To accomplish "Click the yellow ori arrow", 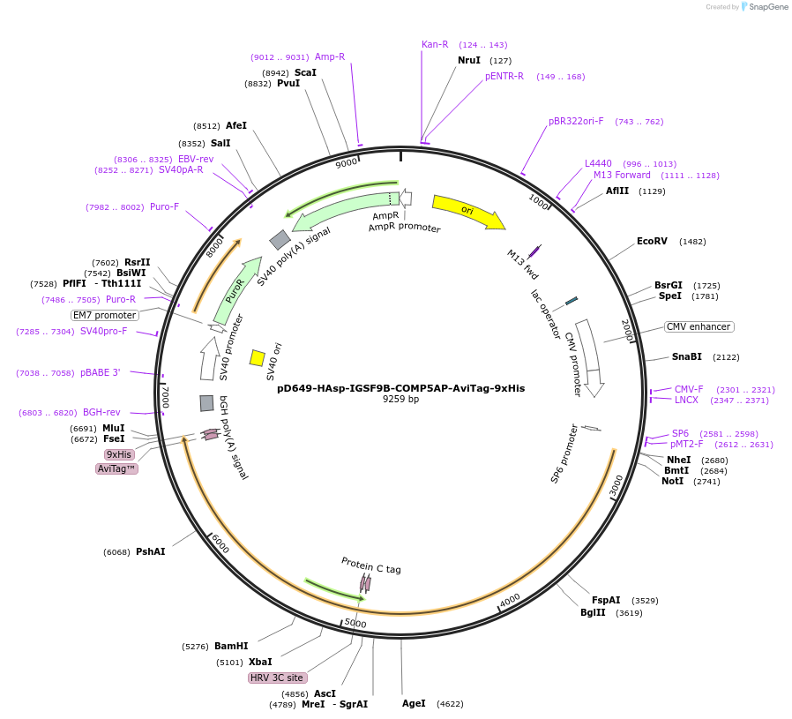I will click(468, 212).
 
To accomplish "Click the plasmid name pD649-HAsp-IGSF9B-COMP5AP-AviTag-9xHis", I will click(400, 388).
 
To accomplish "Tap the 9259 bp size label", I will click(400, 400).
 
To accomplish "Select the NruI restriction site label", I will click(469, 60).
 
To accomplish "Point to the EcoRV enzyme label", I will click(652, 241).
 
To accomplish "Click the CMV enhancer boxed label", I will click(699, 326).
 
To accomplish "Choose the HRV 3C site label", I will click(278, 678).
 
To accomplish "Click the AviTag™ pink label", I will click(116, 468).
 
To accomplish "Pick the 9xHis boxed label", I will click(119, 454).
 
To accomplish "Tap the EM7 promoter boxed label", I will click(105, 315).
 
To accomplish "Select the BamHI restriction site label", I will click(231, 647).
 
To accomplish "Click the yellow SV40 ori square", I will click(258, 357).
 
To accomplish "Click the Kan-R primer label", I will click(435, 44).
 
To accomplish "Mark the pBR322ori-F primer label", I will click(576, 121).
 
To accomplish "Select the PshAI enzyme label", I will click(150, 551).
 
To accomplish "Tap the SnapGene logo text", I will click(768, 7).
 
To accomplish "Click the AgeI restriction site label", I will click(414, 703).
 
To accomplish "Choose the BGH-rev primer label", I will click(101, 412).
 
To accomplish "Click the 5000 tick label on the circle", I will click(355, 624).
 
